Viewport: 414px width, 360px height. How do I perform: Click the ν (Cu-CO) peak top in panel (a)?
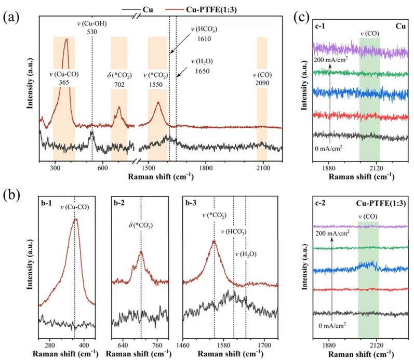(x=66, y=40)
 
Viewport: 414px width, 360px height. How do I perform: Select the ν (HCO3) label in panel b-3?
(x=234, y=232)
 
